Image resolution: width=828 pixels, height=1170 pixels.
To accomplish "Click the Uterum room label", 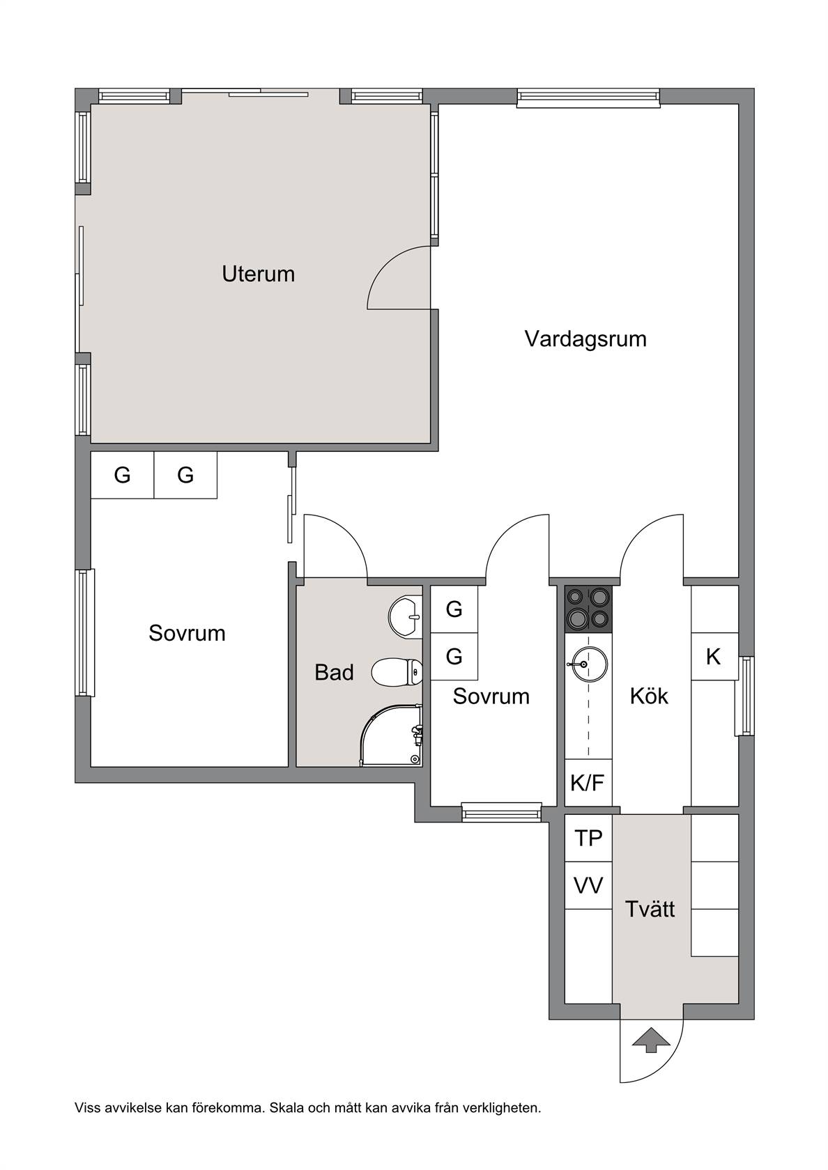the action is click(258, 274).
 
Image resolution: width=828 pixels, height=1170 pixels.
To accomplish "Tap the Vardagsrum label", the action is click(585, 339).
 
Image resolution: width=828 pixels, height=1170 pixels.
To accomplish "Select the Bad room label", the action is click(334, 673).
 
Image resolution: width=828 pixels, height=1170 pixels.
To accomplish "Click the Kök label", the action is click(649, 696).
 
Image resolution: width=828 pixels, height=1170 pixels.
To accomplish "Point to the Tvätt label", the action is click(650, 910).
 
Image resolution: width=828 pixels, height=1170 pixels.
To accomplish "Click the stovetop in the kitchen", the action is click(588, 609).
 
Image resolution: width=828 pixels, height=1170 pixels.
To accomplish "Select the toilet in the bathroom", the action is click(397, 671).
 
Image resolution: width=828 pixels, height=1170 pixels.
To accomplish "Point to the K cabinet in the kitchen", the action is click(714, 657).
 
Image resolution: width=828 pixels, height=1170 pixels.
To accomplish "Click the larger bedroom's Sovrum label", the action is click(187, 633).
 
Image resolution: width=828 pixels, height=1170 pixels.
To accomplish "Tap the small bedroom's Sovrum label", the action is click(491, 696).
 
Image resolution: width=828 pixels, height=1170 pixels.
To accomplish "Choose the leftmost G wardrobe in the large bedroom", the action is click(123, 475).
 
